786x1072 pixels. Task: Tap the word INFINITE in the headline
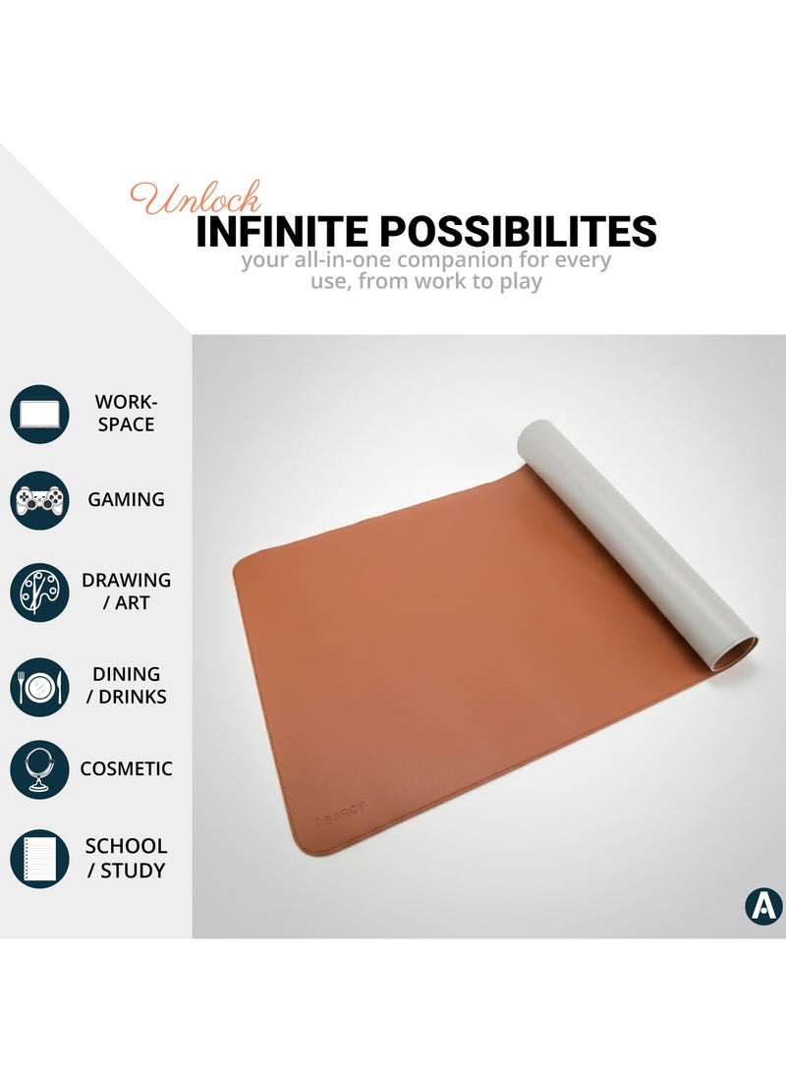(x=282, y=231)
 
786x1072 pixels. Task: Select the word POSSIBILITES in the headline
(x=518, y=231)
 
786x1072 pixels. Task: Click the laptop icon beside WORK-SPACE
(x=39, y=414)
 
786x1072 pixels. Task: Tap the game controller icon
(x=39, y=500)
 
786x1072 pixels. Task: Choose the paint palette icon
(x=39, y=592)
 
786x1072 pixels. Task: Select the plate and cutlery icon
(x=39, y=687)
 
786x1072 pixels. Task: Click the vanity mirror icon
(x=39, y=769)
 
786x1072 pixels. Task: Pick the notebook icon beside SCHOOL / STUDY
(x=39, y=859)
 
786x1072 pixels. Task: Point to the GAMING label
(x=126, y=500)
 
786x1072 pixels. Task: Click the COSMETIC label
(x=126, y=769)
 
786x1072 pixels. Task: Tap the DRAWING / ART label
(x=126, y=592)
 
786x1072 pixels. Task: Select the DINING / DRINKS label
(x=126, y=685)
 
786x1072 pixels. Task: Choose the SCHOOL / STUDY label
(x=126, y=858)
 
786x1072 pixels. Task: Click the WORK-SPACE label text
(x=126, y=413)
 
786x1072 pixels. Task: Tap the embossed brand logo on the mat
(x=340, y=814)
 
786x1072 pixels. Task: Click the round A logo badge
(x=763, y=906)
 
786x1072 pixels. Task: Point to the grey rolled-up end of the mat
(x=638, y=540)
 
